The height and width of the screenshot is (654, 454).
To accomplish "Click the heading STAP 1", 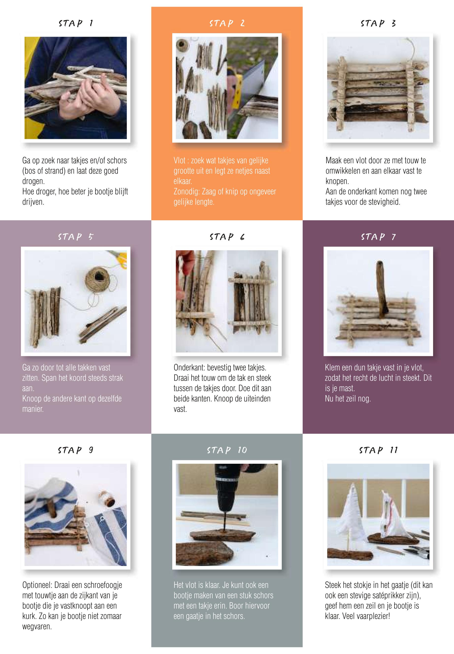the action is [76, 23].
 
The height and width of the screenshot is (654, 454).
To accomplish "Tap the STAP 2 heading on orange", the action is [227, 23].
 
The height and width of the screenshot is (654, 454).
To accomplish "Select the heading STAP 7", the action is [378, 237].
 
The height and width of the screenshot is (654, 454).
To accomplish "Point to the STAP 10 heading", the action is [227, 450].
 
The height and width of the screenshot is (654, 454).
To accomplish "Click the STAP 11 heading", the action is [378, 450].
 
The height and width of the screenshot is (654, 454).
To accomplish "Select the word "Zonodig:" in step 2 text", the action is [187, 192].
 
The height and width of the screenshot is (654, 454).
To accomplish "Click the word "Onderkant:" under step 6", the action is [189, 368].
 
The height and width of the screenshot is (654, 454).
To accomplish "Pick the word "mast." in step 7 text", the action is [347, 388].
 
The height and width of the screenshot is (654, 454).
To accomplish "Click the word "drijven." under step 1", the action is [33, 202].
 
